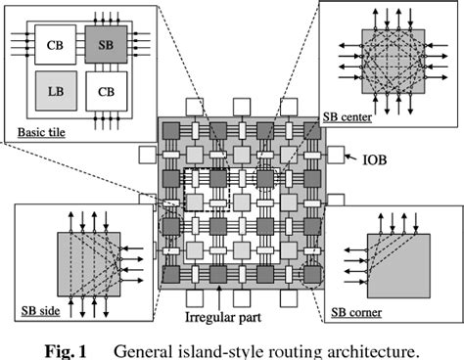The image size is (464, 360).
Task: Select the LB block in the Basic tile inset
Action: [54, 92]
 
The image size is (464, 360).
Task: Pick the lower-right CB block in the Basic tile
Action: [104, 92]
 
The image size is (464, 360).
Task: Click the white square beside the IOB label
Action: [337, 154]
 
